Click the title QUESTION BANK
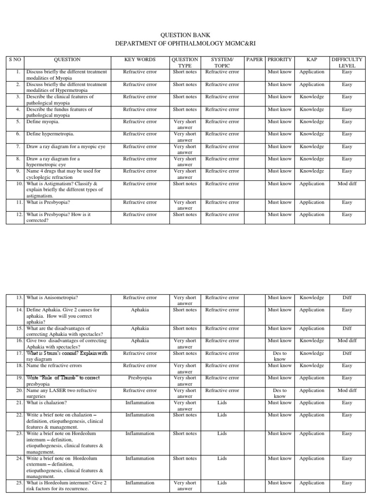pyautogui.click(x=185, y=35)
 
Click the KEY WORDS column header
pyautogui.click(x=140, y=59)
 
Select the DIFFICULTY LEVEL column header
pyautogui.click(x=347, y=62)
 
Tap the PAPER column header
pyautogui.click(x=255, y=59)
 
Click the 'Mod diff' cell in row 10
pyautogui.click(x=347, y=184)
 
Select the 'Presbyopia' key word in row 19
pyautogui.click(x=140, y=378)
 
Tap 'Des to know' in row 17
pyautogui.click(x=280, y=356)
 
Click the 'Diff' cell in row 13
pyautogui.click(x=347, y=298)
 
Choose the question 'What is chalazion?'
pyautogui.click(x=47, y=403)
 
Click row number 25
pyautogui.click(x=19, y=483)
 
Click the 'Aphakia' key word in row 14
pyautogui.click(x=140, y=310)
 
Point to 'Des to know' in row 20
pyautogui.click(x=280, y=393)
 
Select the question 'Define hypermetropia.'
pyautogui.click(x=50, y=134)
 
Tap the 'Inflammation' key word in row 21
pyautogui.click(x=140, y=403)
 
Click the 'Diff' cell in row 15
pyautogui.click(x=347, y=329)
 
